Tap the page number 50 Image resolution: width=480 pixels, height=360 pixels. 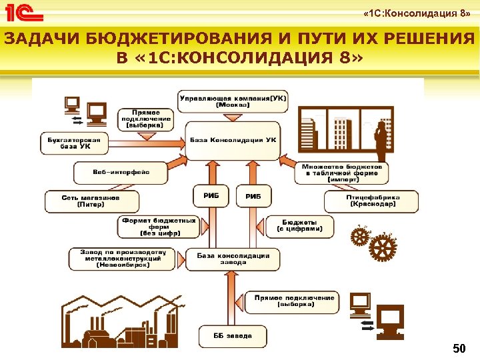(x=459, y=348)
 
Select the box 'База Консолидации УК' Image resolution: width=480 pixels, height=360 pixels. (x=233, y=140)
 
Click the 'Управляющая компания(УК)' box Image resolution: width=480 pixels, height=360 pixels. (x=233, y=101)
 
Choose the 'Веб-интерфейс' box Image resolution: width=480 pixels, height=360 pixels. (x=121, y=172)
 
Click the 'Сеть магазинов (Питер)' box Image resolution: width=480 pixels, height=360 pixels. (x=91, y=201)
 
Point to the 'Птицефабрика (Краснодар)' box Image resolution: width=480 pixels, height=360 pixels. (x=372, y=201)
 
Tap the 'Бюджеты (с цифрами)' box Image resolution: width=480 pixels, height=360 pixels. (x=299, y=225)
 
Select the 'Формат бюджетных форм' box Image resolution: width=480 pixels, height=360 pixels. (x=158, y=227)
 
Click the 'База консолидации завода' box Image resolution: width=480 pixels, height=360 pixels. (x=233, y=259)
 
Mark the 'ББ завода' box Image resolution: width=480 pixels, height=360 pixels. (x=233, y=335)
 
